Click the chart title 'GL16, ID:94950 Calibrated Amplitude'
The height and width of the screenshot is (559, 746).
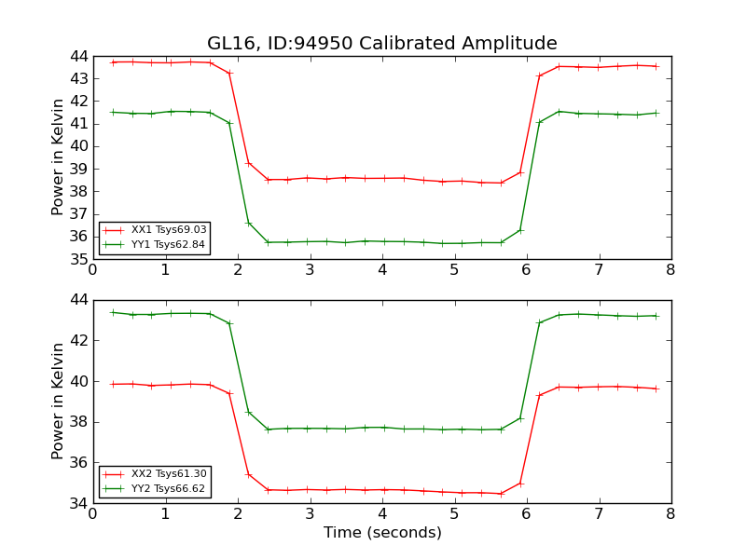(382, 44)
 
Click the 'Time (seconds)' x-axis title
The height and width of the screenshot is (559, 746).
(382, 533)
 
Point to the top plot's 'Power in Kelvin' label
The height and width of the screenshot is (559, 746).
(58, 157)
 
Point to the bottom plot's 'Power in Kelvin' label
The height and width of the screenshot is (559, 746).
(58, 401)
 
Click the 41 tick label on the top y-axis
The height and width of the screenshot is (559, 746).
(76, 124)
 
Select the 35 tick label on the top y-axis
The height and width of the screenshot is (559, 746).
(76, 259)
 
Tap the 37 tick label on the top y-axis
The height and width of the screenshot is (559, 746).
(76, 214)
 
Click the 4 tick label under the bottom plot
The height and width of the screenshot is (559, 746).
(382, 514)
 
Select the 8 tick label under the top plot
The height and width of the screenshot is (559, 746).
(670, 270)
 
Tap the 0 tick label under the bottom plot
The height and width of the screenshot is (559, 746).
(93, 514)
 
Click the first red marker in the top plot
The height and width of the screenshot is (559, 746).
(113, 62)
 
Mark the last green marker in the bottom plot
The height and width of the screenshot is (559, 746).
(656, 316)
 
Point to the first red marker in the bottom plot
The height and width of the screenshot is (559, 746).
(113, 384)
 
